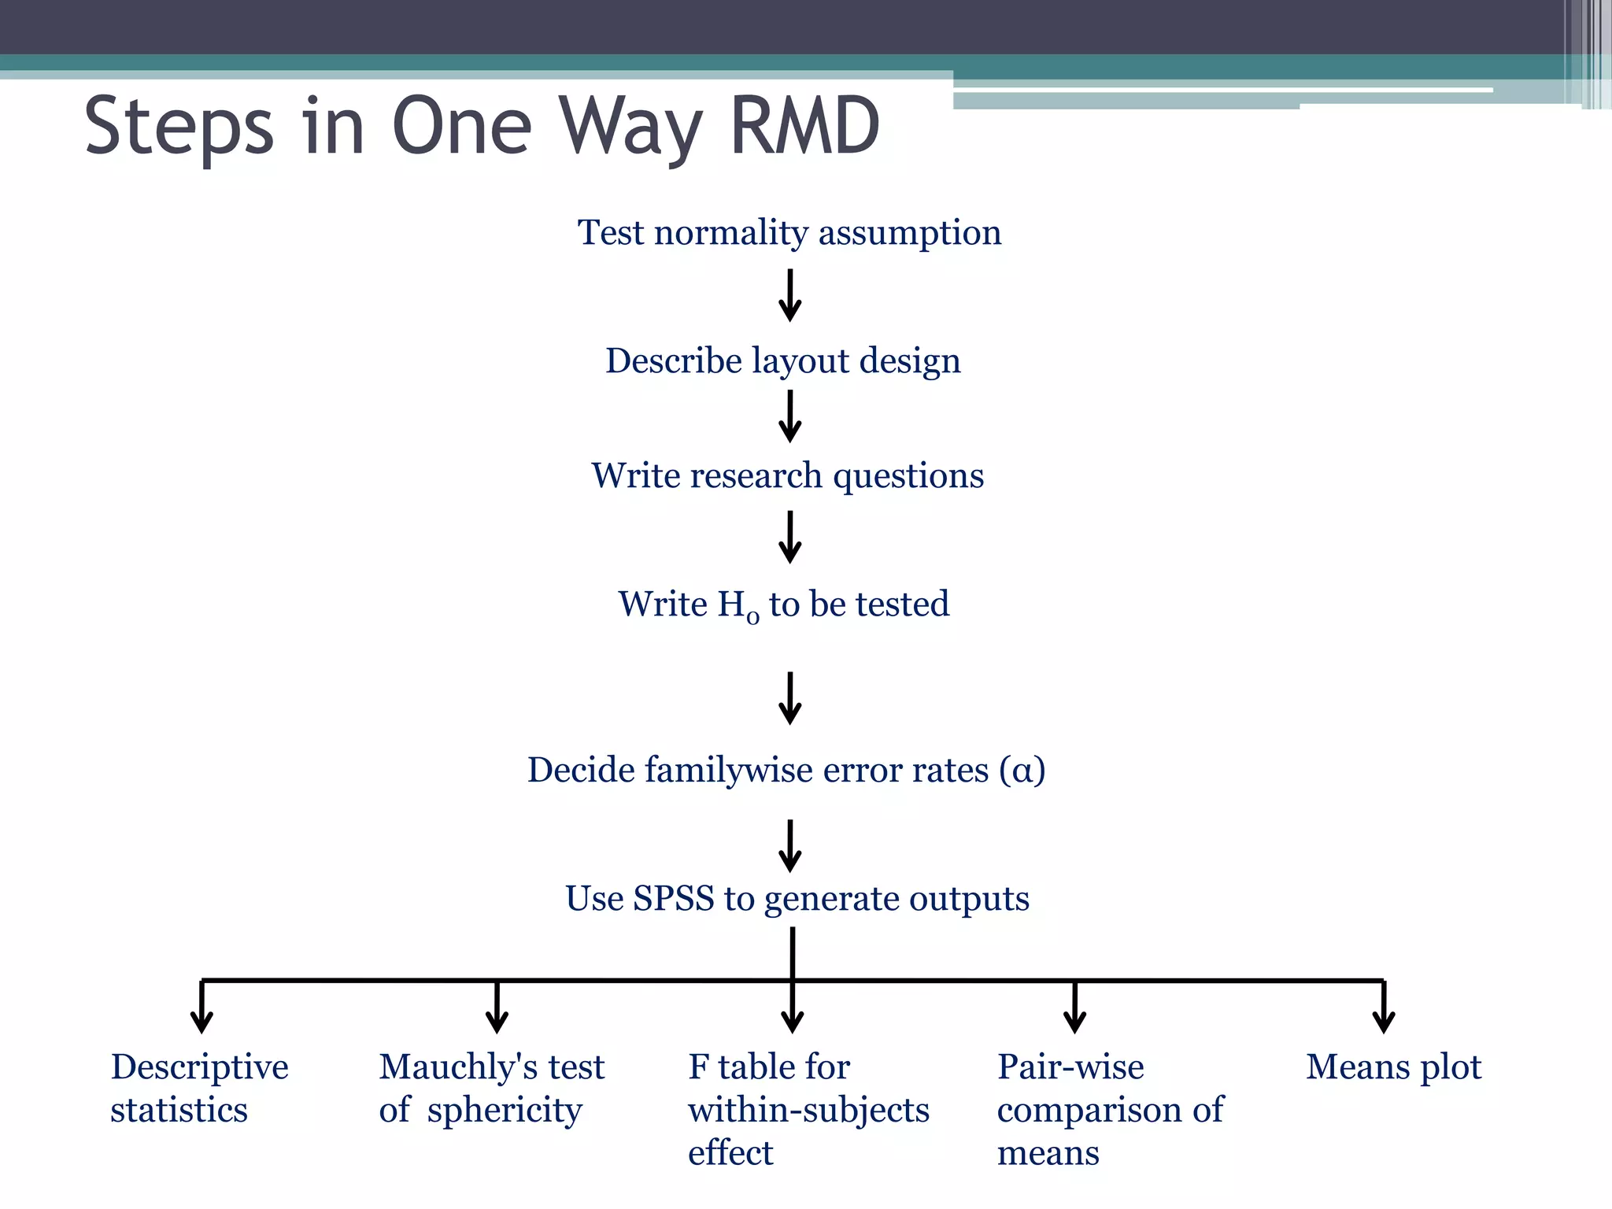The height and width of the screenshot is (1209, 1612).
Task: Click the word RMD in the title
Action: tap(804, 126)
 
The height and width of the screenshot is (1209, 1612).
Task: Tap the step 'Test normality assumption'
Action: tap(789, 233)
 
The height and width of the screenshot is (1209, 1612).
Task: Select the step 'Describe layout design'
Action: tap(783, 361)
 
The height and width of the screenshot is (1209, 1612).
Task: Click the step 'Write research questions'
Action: tap(788, 476)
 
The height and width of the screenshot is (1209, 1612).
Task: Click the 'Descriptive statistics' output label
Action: tap(200, 1089)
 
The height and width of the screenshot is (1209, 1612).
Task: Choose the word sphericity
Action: tap(505, 1111)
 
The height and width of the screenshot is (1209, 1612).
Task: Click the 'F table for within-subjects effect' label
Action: tap(808, 1110)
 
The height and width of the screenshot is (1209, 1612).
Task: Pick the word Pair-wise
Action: tap(1070, 1067)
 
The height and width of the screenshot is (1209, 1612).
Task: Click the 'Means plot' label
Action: tap(1394, 1067)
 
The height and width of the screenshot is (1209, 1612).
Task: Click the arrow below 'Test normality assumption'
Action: tap(790, 296)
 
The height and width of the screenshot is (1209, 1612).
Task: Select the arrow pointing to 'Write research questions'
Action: tap(790, 417)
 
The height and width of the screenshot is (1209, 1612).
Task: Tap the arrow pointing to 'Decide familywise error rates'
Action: tap(790, 698)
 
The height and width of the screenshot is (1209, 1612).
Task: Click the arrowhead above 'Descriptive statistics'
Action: tap(202, 1020)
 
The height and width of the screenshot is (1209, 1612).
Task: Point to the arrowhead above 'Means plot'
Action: tap(1384, 1020)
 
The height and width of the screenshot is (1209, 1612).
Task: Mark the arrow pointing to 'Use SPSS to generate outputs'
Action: tap(790, 846)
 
